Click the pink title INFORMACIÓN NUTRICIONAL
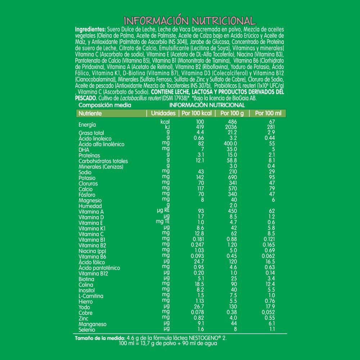click(190, 20)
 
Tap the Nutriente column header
click(90, 113)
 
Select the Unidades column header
click(163, 113)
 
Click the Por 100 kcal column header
click(196, 113)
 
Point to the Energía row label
click(87, 125)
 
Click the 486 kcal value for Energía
click(233, 122)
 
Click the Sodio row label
click(85, 172)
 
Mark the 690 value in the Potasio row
click(233, 178)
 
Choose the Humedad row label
click(90, 206)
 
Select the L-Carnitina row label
click(91, 296)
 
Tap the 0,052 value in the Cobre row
click(272, 313)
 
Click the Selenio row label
click(87, 330)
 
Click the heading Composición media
click(100, 105)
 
